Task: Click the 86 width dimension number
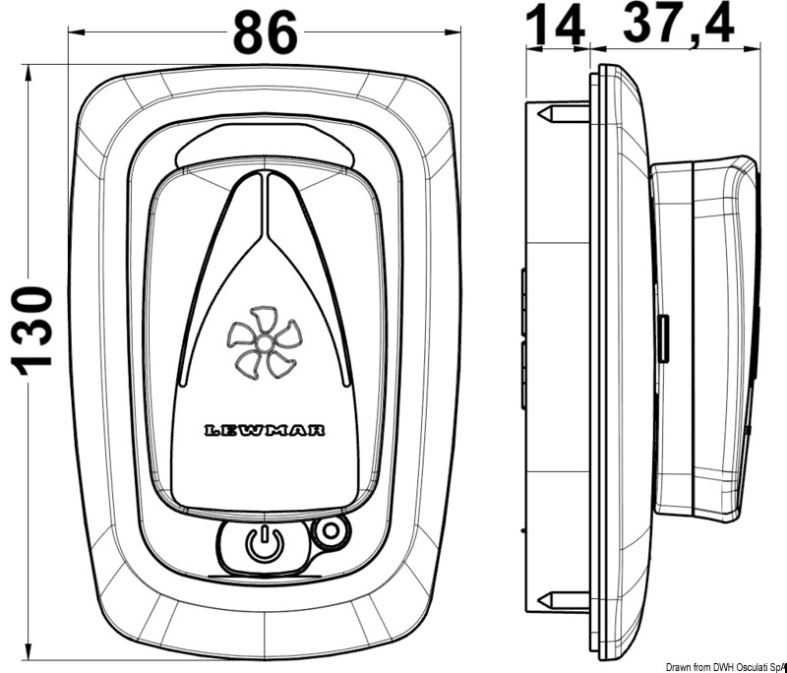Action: point(265,33)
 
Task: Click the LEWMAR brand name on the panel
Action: point(265,431)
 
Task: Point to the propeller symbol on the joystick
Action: point(263,345)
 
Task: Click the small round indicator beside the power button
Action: point(330,532)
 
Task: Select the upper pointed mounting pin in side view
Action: point(558,114)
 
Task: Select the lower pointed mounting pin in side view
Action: point(558,597)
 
